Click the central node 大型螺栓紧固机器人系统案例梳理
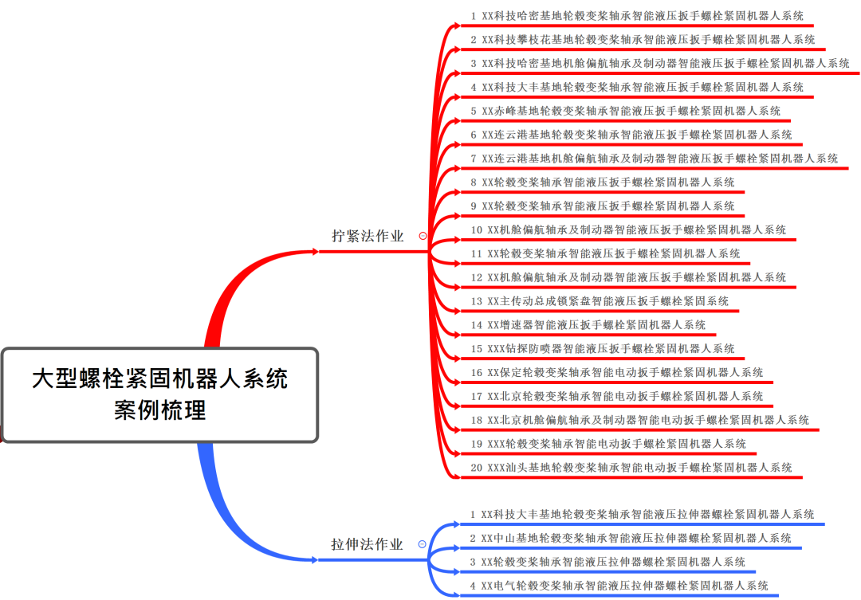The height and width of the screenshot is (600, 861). pyautogui.click(x=159, y=394)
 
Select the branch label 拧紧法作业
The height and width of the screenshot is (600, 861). pyautogui.click(x=368, y=236)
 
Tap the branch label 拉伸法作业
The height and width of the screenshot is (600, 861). pyautogui.click(x=367, y=545)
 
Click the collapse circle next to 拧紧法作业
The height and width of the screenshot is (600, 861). pyautogui.click(x=423, y=236)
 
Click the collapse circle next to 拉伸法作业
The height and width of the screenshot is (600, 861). pyautogui.click(x=422, y=545)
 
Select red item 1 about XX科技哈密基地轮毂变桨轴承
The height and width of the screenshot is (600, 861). pyautogui.click(x=637, y=16)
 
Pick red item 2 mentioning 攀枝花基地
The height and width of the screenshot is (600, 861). pyautogui.click(x=643, y=40)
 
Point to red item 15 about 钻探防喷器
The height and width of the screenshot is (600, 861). pyautogui.click(x=603, y=349)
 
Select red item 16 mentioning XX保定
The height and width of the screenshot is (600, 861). pyautogui.click(x=617, y=372)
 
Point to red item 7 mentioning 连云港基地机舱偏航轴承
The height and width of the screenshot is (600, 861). pyautogui.click(x=655, y=159)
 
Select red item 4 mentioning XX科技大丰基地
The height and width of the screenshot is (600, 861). pyautogui.click(x=637, y=87)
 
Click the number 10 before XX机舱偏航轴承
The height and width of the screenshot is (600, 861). pyautogui.click(x=477, y=230)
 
